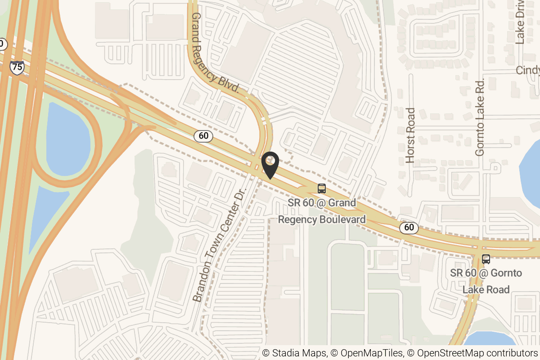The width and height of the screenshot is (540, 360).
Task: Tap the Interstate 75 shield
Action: click(17, 67)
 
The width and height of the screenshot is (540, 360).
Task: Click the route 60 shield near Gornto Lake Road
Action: click(409, 227)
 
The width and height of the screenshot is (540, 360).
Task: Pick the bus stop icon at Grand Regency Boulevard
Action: click(321, 189)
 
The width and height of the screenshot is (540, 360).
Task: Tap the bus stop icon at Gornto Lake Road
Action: click(486, 259)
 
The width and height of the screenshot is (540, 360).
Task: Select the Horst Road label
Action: click(410, 135)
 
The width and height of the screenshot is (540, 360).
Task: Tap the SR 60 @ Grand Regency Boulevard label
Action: click(322, 211)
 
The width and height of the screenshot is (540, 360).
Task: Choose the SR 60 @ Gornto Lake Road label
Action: click(486, 281)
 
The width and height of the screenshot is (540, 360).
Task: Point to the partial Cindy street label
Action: click(527, 71)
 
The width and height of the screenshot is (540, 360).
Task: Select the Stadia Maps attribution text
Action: click(295, 353)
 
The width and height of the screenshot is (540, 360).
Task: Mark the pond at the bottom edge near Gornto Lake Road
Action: click(488, 346)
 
